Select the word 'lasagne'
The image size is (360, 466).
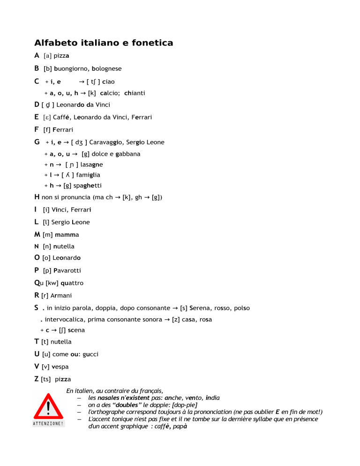(92, 165)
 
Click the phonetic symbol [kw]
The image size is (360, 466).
(52, 283)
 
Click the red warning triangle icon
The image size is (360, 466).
(49, 406)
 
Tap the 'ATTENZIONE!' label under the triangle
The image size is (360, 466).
(49, 423)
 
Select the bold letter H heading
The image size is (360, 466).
(37, 197)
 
